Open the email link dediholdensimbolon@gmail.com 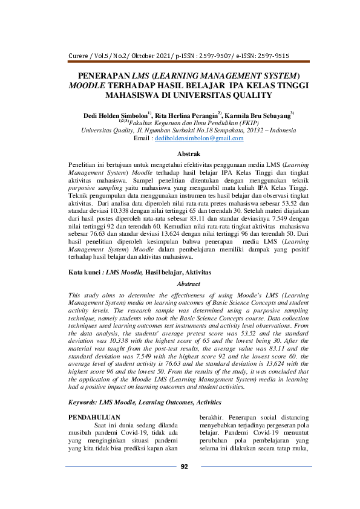coord(191,138)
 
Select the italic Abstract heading coord(188,284)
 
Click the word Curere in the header coord(80,60)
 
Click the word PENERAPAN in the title coord(105,77)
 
